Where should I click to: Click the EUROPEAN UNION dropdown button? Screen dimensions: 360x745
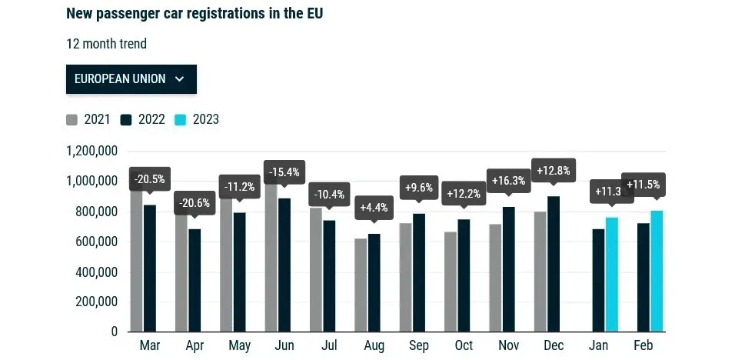131,79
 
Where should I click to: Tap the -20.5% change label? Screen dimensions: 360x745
149,179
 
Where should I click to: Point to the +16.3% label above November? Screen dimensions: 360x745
508,181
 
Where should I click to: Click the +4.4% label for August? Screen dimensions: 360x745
374,207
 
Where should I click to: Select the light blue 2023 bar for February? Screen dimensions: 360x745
657,271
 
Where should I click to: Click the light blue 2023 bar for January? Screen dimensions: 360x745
612,274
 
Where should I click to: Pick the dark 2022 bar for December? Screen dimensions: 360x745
553,264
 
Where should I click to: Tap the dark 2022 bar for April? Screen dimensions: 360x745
195,280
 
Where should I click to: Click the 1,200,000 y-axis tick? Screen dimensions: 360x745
91,151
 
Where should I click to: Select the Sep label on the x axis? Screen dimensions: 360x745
419,346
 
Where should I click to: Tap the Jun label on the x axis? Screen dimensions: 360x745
284,346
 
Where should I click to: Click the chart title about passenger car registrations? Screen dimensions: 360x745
195,14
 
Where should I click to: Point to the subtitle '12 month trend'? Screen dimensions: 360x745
106,44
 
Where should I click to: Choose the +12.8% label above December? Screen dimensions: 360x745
554,171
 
